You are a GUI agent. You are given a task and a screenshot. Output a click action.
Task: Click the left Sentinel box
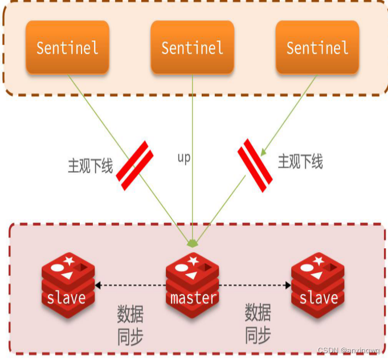click(x=67, y=48)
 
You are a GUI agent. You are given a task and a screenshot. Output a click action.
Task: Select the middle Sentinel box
click(x=192, y=48)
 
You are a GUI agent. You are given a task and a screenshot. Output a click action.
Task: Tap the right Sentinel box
click(x=317, y=48)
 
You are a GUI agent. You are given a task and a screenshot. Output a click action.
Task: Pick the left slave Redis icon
click(x=67, y=283)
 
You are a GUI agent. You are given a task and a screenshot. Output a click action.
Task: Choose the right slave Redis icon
click(x=318, y=283)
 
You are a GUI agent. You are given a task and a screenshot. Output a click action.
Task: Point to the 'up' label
click(x=183, y=158)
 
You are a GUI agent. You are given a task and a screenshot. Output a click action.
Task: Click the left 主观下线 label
click(x=90, y=166)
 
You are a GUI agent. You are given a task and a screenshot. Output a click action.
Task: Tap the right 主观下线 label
click(x=300, y=162)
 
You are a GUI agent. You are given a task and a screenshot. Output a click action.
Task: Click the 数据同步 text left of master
click(x=130, y=325)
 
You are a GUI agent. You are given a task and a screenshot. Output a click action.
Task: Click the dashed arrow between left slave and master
click(x=130, y=285)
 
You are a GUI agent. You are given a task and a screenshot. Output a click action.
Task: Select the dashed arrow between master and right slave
click(x=255, y=285)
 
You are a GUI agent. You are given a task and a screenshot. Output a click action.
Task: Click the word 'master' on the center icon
click(x=193, y=298)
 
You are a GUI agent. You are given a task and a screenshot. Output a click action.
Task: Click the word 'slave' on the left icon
click(x=67, y=298)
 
